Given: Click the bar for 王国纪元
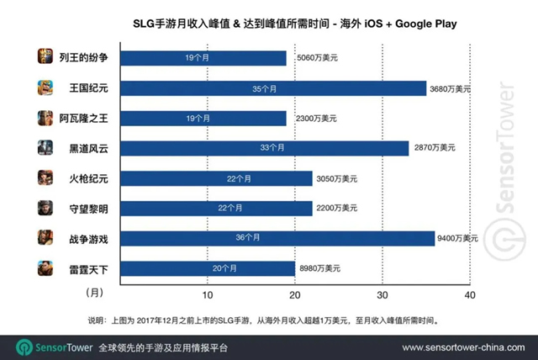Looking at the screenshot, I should click(x=273, y=87).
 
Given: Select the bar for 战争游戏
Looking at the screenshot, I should click(x=277, y=239).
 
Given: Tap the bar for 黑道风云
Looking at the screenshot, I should click(x=264, y=148).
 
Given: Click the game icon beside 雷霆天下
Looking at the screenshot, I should click(x=46, y=269).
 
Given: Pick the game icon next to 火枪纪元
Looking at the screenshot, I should click(x=46, y=178).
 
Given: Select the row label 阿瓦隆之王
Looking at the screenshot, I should click(x=84, y=118).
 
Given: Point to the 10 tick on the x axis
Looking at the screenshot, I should click(x=208, y=294).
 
